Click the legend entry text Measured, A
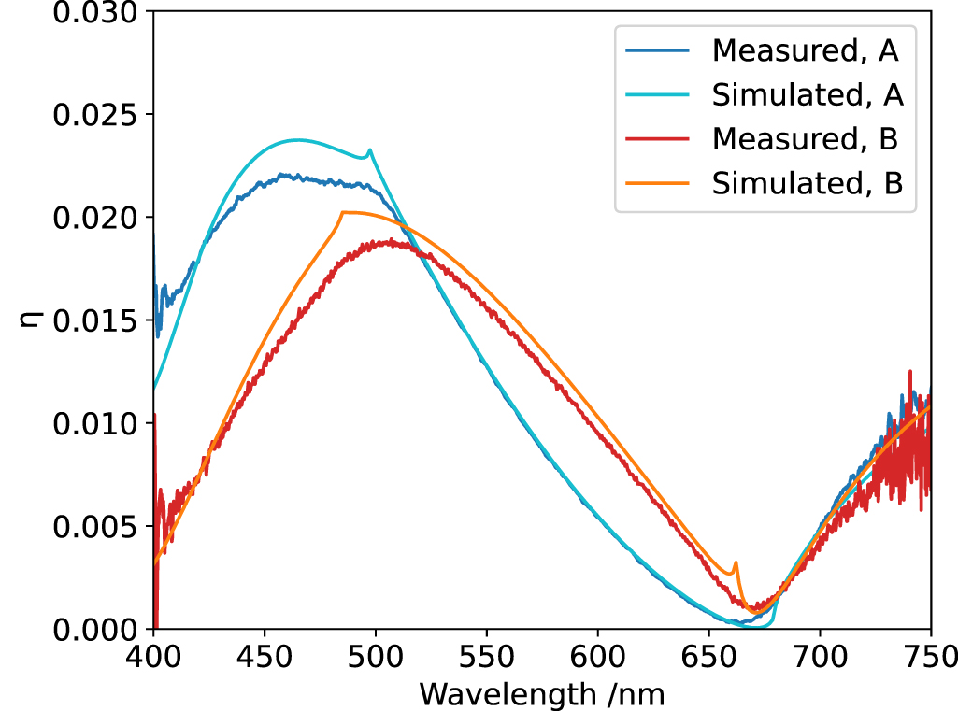pos(805,50)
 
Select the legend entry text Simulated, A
pos(808,94)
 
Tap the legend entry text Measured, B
pos(805,139)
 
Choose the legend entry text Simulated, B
pos(808,183)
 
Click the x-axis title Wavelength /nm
pos(542,694)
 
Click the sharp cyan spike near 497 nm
pos(370,150)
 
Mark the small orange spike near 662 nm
pos(736,563)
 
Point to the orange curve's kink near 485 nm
pos(343,213)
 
